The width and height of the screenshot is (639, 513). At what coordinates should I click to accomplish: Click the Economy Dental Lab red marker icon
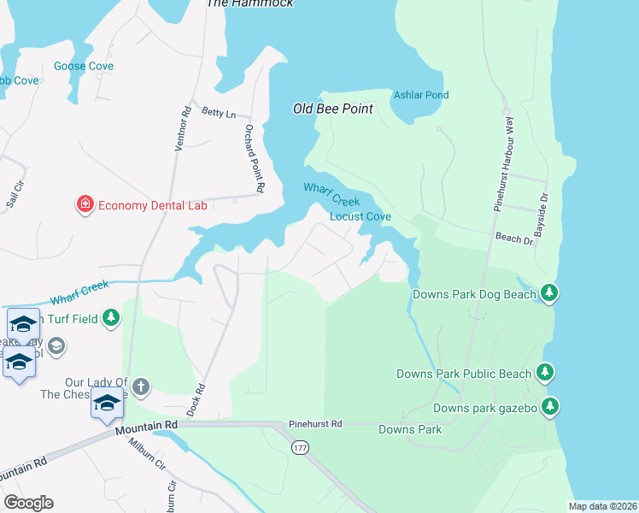(85, 204)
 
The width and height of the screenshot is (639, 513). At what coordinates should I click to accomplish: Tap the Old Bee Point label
(332, 109)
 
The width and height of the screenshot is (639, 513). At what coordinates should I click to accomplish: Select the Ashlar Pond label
(420, 95)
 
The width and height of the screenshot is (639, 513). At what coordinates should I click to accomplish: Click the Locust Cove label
(361, 217)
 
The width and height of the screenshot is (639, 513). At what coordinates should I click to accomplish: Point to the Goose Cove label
(84, 66)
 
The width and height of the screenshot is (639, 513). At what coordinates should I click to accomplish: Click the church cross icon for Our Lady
(141, 386)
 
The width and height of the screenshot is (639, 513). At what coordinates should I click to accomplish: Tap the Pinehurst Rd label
(314, 423)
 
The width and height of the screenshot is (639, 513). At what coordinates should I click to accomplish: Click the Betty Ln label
(218, 112)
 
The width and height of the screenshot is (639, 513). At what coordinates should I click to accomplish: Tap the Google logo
(28, 503)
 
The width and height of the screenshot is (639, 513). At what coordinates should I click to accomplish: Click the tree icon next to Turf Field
(110, 318)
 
